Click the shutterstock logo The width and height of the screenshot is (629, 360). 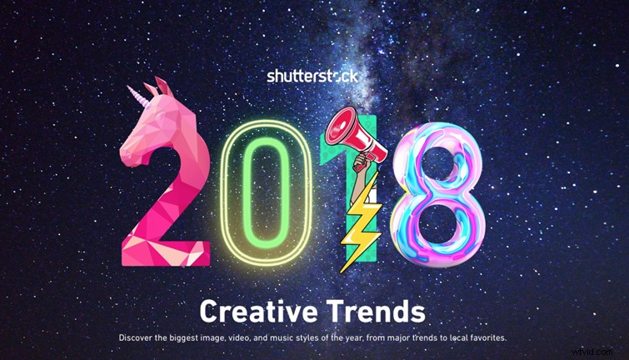pyautogui.click(x=312, y=76)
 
